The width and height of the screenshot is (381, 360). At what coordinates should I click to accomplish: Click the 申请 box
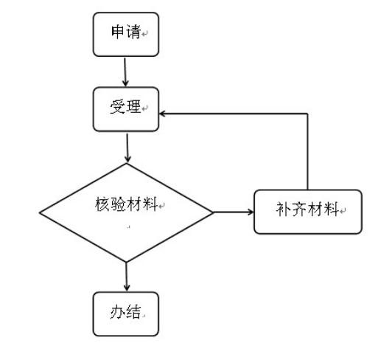[x=126, y=35]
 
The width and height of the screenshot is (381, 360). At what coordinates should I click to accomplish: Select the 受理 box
[x=126, y=109]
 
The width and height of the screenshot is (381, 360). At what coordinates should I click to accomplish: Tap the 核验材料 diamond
[x=126, y=212]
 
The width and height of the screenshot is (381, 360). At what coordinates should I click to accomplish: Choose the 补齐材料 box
[x=308, y=212]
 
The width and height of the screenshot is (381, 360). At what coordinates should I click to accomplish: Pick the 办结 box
[x=126, y=314]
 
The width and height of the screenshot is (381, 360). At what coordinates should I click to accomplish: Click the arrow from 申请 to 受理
[x=125, y=72]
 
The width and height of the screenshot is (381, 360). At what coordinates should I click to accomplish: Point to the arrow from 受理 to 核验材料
[x=127, y=148]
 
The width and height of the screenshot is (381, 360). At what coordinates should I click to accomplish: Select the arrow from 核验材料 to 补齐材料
[x=234, y=212]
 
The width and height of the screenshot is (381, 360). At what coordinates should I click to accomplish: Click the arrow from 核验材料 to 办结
[x=127, y=277]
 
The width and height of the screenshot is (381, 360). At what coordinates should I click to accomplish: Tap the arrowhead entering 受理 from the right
[x=162, y=114]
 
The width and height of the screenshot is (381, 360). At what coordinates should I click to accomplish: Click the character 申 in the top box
[x=118, y=32]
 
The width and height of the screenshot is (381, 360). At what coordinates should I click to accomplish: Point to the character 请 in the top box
[x=133, y=32]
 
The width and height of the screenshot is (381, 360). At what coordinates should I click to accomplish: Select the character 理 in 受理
[x=133, y=106]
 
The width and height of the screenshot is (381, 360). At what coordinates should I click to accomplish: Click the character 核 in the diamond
[x=102, y=204]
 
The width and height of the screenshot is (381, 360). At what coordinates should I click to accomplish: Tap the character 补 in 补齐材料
[x=284, y=210]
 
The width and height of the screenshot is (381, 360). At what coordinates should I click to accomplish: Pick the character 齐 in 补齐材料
[x=299, y=210]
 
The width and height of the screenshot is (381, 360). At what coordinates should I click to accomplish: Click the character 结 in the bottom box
[x=133, y=312]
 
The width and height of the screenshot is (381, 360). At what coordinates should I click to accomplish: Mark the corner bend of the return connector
[x=307, y=114]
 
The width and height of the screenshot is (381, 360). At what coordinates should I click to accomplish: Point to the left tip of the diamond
[x=40, y=213]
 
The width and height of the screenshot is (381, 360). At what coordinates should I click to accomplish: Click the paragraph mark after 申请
[x=144, y=33]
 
